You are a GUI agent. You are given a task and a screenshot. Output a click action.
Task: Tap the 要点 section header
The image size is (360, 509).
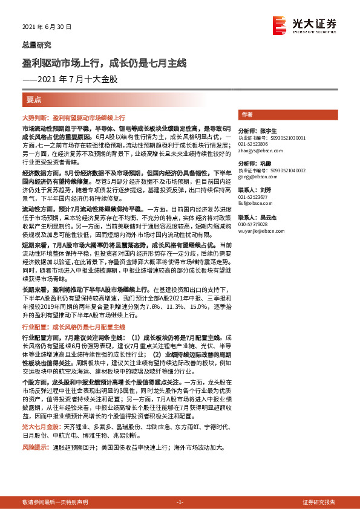tap(34, 99)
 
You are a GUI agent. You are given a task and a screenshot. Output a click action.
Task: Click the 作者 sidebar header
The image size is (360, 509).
tap(246, 115)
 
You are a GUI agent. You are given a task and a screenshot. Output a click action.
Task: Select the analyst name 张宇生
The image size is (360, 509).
tap(267, 130)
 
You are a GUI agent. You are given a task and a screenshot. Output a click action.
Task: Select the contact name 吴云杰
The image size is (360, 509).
tap(267, 217)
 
